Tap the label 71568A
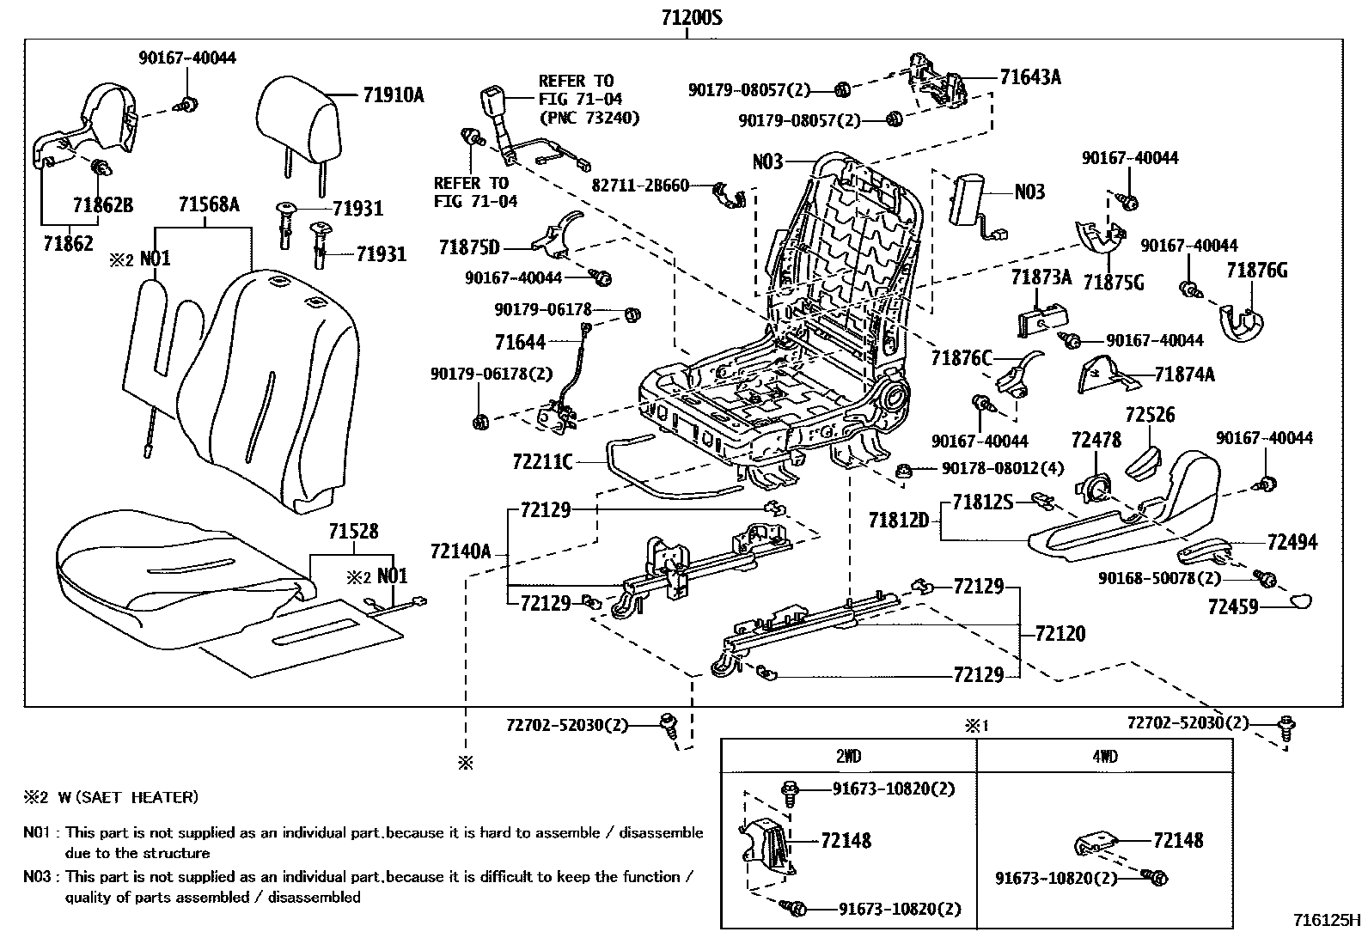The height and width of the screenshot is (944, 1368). [x=209, y=205]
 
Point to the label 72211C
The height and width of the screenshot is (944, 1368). [x=541, y=462]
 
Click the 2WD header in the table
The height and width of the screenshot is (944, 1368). [x=848, y=757]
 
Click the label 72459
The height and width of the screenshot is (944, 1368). [x=1232, y=607]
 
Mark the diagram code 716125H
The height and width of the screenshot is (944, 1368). [x=1327, y=920]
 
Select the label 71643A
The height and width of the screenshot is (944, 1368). [x=1030, y=77]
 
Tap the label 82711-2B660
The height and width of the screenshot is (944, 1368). [x=640, y=185]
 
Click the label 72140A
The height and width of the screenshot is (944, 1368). [x=461, y=551]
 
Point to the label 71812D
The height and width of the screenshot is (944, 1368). [x=899, y=520]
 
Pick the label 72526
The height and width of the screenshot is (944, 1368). [x=1150, y=415]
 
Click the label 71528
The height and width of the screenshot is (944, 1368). [x=352, y=533]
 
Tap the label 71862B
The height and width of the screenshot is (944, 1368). [x=102, y=205]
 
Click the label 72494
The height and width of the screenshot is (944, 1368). [x=1292, y=542]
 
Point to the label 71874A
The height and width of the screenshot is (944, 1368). [x=1184, y=375]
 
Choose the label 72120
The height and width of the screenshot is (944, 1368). [x=1060, y=634]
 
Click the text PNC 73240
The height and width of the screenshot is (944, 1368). [x=589, y=118]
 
